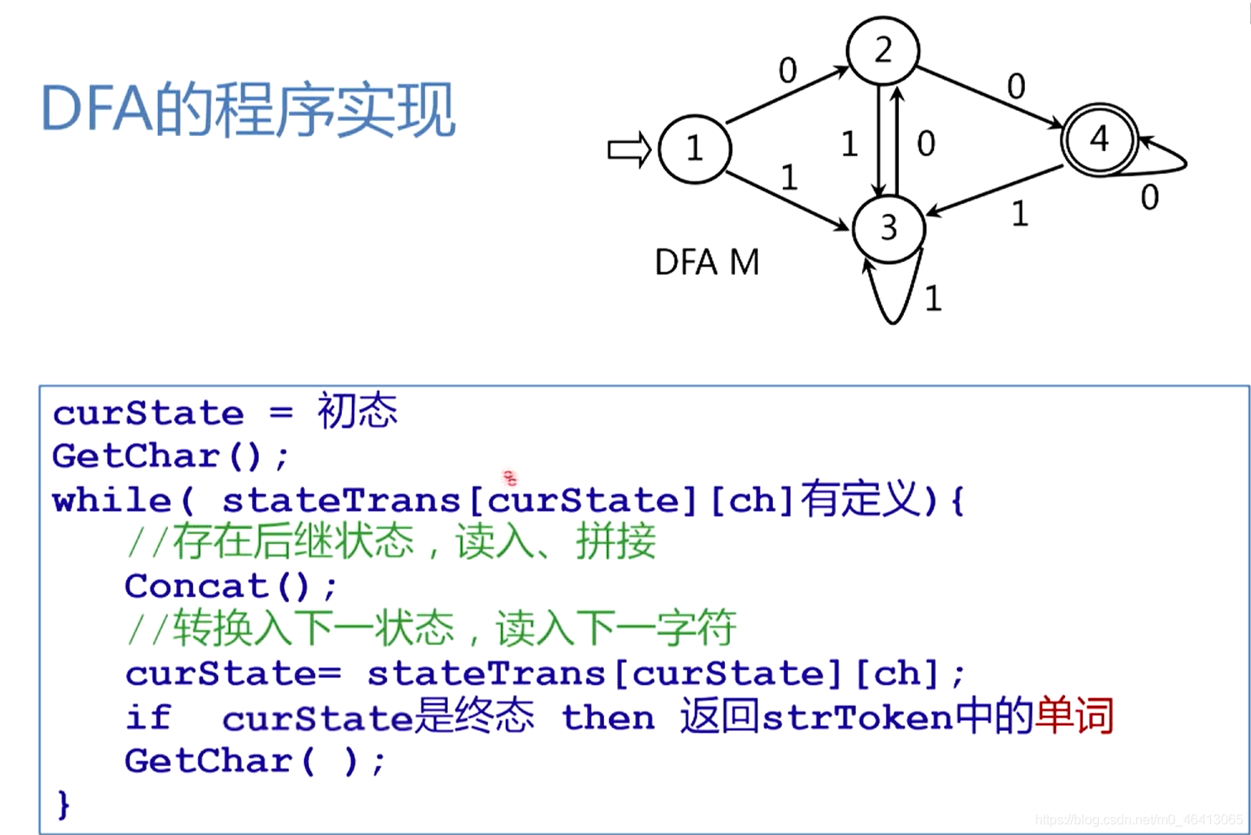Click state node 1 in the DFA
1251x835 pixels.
[695, 149]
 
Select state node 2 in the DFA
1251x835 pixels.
[882, 50]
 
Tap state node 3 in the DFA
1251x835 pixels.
[888, 228]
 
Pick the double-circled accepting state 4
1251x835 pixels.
[1099, 139]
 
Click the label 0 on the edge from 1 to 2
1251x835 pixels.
[787, 71]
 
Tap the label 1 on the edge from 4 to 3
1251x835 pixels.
[1019, 214]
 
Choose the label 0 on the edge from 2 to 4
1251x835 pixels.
[1016, 86]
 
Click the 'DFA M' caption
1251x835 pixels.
[707, 263]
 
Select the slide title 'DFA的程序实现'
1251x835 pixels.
[248, 110]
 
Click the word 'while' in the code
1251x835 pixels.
[112, 501]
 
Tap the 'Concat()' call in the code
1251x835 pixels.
[230, 586]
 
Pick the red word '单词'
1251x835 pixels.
[1075, 717]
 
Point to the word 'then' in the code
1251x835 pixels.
[607, 717]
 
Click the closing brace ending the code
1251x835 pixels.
[63, 804]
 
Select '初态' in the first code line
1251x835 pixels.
[357, 412]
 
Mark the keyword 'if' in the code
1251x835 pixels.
[148, 717]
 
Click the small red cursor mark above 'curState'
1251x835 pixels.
[510, 478]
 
